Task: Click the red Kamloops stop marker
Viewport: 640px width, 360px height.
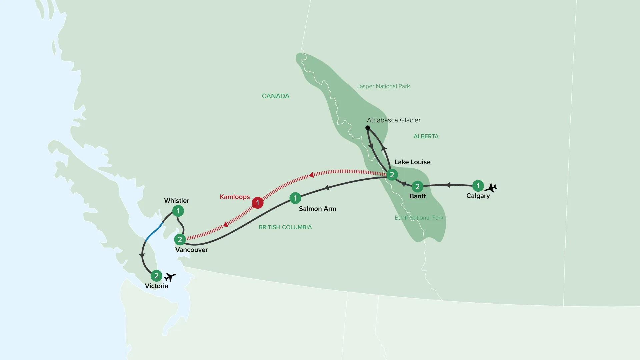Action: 257,203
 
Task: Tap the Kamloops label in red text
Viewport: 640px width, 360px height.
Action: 235,197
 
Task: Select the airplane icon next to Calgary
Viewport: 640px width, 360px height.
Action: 491,188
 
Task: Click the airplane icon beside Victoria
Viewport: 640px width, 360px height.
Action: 170,277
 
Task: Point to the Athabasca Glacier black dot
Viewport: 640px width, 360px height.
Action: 367,128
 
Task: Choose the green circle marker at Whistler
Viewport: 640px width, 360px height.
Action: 178,211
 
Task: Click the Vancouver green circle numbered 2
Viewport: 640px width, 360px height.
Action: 180,239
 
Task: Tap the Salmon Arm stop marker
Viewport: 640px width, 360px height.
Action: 295,198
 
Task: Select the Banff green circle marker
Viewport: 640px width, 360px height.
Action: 417,187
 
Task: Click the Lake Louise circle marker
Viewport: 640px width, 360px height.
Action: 392,175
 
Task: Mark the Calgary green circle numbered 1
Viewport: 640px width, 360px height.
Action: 478,186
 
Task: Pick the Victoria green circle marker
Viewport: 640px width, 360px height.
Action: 156,276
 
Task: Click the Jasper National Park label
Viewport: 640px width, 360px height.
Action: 383,86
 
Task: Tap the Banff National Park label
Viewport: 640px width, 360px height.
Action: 419,218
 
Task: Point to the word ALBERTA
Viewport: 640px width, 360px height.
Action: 426,136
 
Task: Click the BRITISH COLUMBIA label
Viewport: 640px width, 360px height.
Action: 285,227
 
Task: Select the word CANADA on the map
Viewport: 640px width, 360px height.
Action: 275,96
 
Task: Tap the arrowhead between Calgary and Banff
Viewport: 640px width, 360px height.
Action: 448,185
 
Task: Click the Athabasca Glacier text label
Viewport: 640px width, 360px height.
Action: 394,120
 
